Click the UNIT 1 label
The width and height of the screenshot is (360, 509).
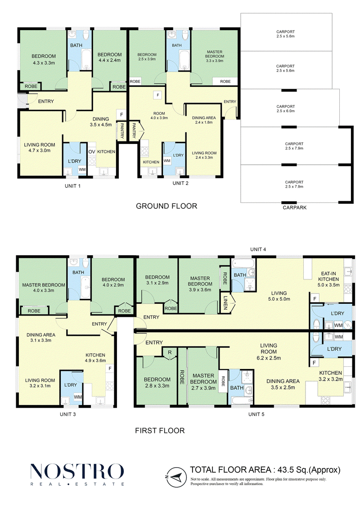(72, 186)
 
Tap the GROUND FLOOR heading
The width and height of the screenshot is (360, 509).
(166, 206)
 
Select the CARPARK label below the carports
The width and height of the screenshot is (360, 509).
(294, 207)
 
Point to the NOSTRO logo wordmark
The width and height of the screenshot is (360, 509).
(77, 471)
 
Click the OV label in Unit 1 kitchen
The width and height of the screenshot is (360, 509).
(92, 152)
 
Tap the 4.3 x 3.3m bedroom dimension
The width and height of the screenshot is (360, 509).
(44, 63)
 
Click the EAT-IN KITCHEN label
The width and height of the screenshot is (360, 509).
(328, 276)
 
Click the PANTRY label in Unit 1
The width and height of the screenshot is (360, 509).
(122, 131)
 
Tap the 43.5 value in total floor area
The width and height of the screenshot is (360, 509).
(283, 470)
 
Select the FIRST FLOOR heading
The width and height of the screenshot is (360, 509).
(160, 431)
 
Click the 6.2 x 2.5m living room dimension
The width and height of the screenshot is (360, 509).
(269, 358)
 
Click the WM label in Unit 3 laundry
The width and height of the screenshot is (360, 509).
(77, 397)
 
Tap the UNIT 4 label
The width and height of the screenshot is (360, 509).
(258, 249)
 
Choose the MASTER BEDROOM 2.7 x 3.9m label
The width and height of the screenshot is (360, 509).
(203, 382)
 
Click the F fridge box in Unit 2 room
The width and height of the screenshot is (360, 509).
(158, 95)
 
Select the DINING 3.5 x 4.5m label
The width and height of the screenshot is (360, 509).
(101, 122)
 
